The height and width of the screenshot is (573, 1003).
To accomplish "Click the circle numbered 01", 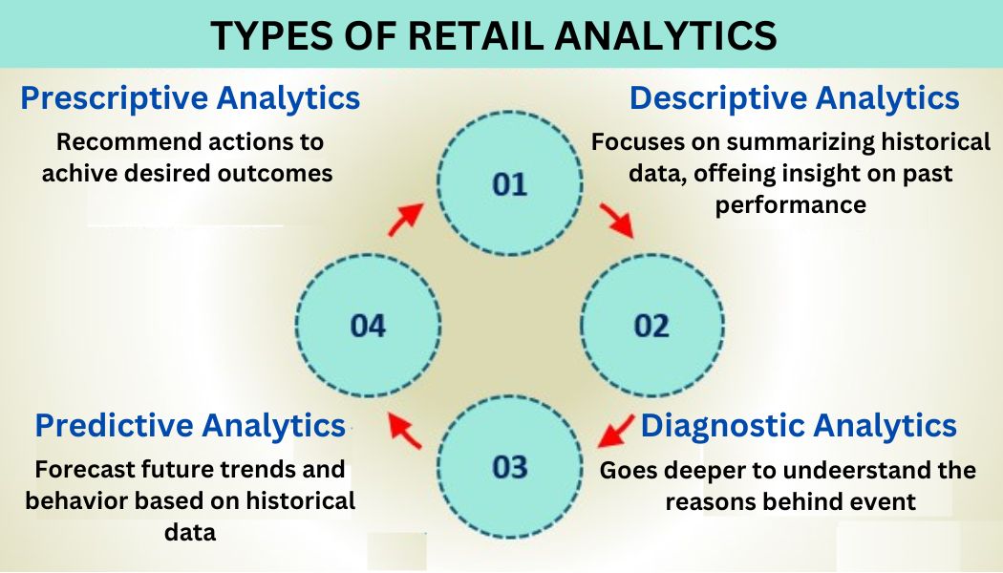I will (510, 184).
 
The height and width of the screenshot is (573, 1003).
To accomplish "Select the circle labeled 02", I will (651, 327).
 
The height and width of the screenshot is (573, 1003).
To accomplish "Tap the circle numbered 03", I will (510, 467).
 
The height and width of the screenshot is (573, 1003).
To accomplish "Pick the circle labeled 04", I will (369, 327).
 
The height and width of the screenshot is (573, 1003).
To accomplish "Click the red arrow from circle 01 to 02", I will (616, 219).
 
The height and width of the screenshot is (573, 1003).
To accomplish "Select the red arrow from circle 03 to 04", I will (405, 432).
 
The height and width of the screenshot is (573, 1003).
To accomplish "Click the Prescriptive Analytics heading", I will (191, 98).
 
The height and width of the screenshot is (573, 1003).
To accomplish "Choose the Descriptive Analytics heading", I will (794, 98).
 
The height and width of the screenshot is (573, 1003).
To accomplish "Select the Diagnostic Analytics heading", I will (799, 425).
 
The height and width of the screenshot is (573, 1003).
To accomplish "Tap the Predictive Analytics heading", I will (190, 425).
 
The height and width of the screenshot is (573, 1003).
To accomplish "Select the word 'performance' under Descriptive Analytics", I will (791, 205).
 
